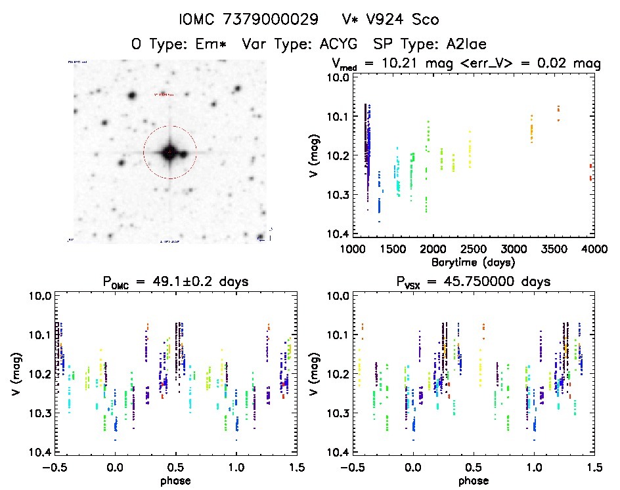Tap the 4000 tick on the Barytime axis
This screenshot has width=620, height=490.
594,250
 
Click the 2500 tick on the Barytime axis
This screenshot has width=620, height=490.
473,250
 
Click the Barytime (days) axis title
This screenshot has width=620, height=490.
473,262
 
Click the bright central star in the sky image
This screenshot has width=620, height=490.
169,152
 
